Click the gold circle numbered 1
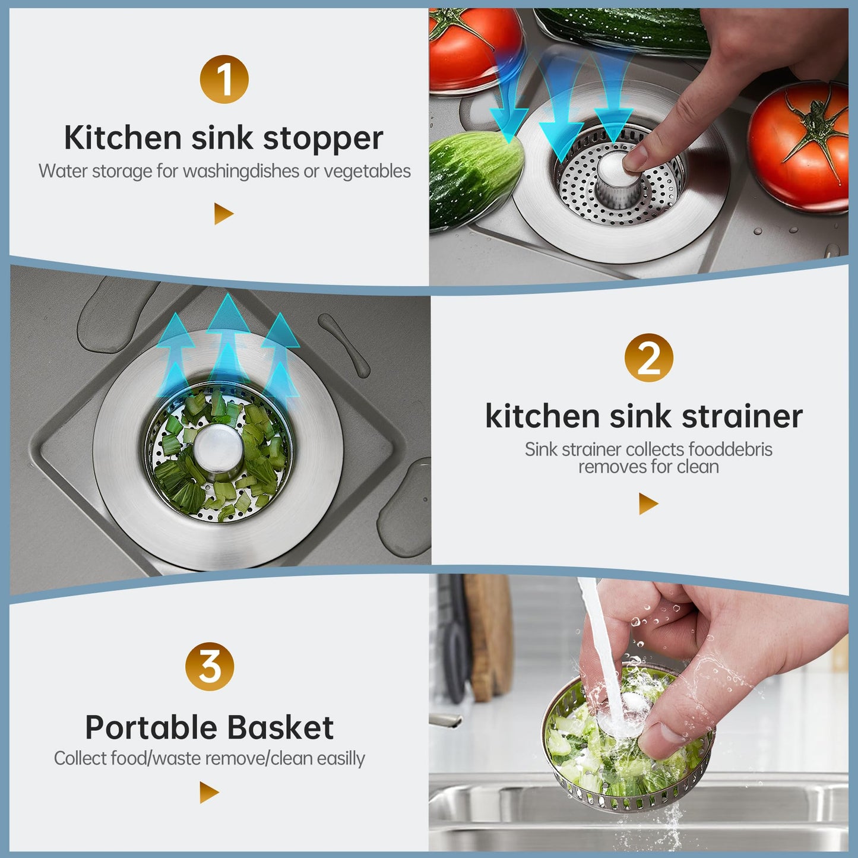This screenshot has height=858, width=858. coord(224,80)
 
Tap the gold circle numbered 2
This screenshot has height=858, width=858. coord(648,358)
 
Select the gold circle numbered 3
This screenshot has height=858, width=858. coord(210,666)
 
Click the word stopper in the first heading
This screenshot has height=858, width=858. coord(323,139)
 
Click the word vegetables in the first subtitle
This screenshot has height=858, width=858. coord(367,171)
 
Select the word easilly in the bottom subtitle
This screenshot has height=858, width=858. coord(341,759)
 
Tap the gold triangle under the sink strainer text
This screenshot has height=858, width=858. coord(648,504)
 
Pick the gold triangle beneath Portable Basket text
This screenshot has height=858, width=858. coord(208,792)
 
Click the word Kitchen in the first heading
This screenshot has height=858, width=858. coord(123,138)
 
